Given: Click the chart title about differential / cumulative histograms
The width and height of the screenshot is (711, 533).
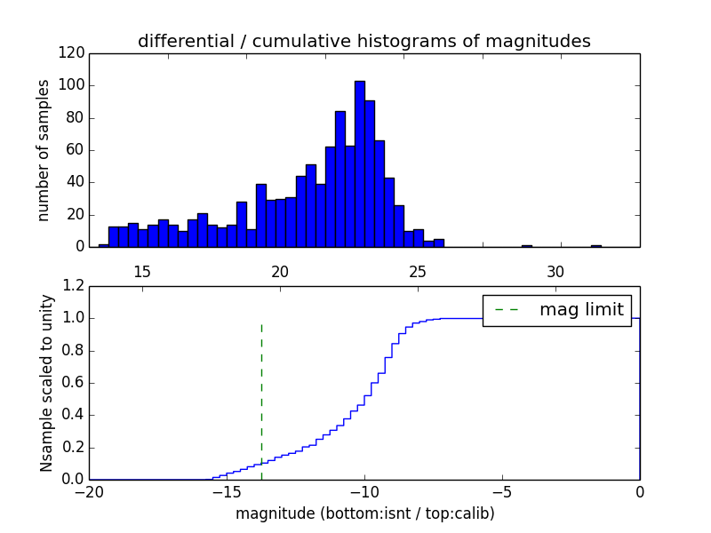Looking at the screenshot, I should coord(364,41).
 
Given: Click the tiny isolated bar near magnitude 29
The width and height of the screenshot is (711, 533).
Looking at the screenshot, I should coord(527,245).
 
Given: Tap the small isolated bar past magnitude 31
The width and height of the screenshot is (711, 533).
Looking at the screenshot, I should coord(596,245).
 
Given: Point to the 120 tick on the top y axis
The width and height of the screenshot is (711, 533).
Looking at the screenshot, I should coord(74,53).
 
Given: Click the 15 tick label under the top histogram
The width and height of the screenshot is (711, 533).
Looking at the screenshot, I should coord(142,272).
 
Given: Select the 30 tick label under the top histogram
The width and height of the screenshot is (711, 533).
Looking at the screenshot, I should coord(555,272).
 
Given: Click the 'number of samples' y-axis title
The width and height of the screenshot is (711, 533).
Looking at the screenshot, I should coord(43,150).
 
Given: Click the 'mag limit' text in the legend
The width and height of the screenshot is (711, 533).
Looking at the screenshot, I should coord(581,310).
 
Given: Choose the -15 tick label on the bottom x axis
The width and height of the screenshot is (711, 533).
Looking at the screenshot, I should coord(226,492).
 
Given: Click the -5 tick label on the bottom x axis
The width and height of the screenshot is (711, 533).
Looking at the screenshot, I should coord(502,492).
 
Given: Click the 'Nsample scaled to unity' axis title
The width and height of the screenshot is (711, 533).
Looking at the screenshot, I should coord(46,383).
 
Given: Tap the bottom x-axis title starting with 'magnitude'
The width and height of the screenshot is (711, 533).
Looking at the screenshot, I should coord(364,513).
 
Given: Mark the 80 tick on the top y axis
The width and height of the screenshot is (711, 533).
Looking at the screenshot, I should coord(76,118).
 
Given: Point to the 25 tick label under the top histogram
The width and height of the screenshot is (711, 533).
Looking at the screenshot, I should coord(418,272).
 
